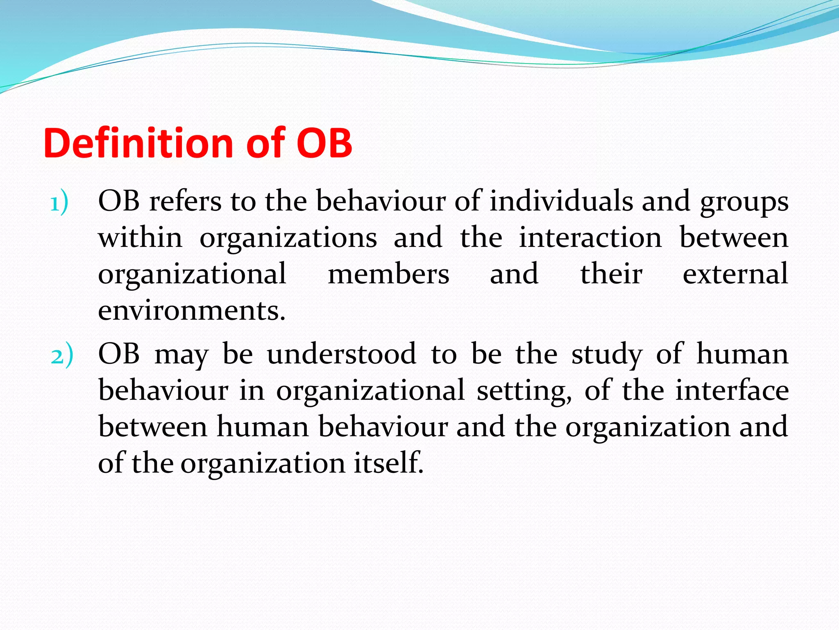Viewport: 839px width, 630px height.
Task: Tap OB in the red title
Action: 324,143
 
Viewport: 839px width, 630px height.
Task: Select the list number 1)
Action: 59,203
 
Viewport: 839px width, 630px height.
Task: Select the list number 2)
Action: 62,355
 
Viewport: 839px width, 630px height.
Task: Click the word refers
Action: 185,201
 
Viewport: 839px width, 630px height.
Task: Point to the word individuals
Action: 561,201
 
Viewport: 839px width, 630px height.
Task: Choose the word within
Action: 140,237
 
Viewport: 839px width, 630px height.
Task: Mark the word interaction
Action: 590,237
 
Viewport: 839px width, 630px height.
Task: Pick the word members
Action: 388,274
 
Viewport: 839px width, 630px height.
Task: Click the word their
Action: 611,274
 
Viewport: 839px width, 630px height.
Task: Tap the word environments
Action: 192,311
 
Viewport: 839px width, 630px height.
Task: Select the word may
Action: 181,355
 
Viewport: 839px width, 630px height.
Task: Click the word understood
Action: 342,354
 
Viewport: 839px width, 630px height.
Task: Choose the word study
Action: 607,355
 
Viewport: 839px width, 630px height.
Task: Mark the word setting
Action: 524,391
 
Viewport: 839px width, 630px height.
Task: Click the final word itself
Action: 388,463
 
